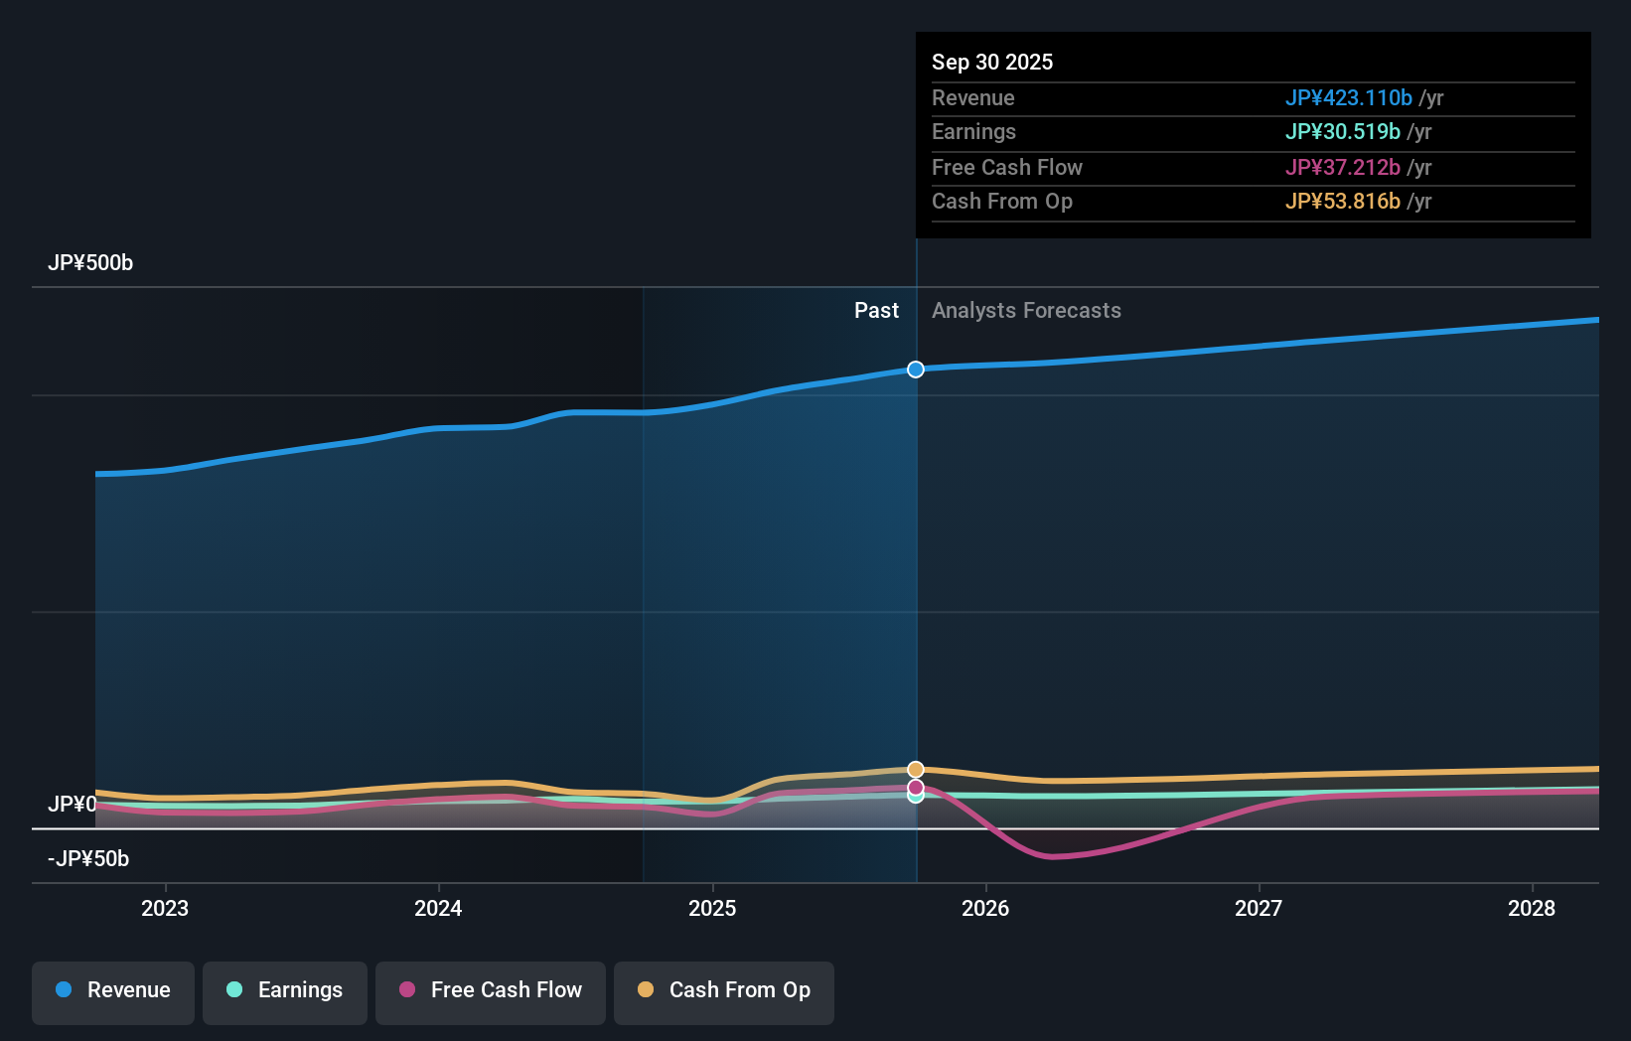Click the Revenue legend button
(112, 990)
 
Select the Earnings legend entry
(284, 990)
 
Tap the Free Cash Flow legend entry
(490, 990)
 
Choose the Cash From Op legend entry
(723, 990)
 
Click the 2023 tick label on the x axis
(165, 908)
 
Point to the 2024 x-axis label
(438, 908)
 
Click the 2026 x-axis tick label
(985, 908)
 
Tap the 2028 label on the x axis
(1532, 908)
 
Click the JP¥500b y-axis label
(90, 263)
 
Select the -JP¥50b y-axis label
(88, 859)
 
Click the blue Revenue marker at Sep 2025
(916, 370)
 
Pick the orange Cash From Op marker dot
(916, 770)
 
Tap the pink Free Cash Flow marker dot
(916, 787)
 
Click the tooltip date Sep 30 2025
(992, 62)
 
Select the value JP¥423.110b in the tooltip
(1348, 98)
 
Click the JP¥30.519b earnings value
(1342, 132)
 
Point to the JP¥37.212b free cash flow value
(1342, 167)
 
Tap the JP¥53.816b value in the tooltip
(1342, 202)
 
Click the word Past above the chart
(876, 311)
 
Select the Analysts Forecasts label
(1026, 311)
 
